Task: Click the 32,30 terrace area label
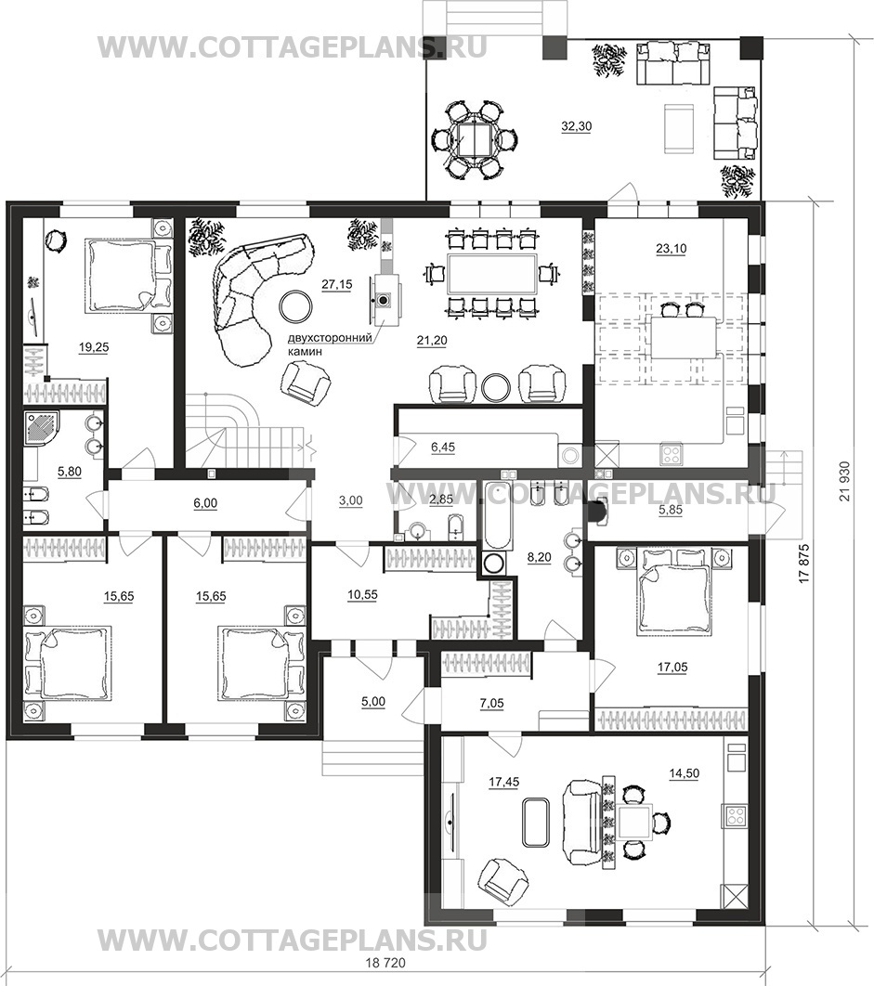click(577, 126)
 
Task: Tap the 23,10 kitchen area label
click(672, 249)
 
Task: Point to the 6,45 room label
click(442, 448)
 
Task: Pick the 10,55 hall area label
click(362, 593)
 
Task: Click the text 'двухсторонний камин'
click(327, 346)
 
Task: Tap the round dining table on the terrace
click(475, 139)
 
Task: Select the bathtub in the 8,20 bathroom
click(493, 515)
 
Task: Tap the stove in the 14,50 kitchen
click(735, 815)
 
